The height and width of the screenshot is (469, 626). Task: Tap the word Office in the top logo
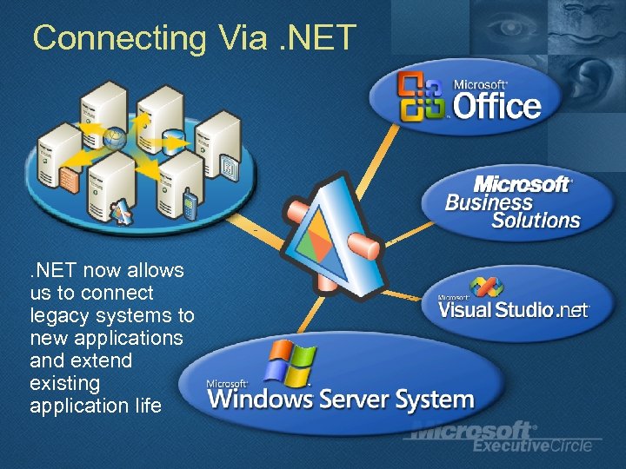pyautogui.click(x=496, y=107)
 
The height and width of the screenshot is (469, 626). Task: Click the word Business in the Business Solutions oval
pyautogui.click(x=489, y=202)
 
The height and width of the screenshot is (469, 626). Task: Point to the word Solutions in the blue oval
pyautogui.click(x=536, y=221)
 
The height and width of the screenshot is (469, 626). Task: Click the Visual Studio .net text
pyautogui.click(x=514, y=309)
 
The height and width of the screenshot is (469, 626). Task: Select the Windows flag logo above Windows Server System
pyautogui.click(x=290, y=361)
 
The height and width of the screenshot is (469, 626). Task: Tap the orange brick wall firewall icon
pyautogui.click(x=69, y=177)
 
